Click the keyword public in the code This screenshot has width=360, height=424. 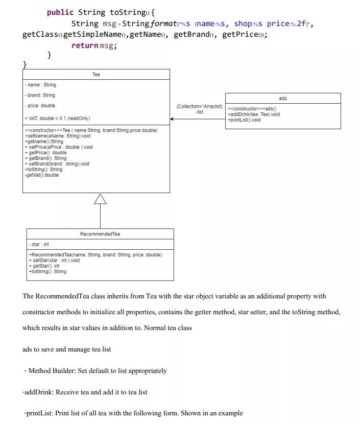click(x=60, y=12)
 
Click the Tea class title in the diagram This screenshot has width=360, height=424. click(x=96, y=75)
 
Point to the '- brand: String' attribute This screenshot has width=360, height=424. click(x=40, y=95)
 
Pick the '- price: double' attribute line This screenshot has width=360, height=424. click(x=40, y=105)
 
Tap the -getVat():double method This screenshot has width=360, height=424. click(x=41, y=175)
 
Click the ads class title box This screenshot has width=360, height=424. click(x=283, y=98)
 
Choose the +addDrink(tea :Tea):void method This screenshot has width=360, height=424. click(x=254, y=114)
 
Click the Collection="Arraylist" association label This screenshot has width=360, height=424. click(x=199, y=106)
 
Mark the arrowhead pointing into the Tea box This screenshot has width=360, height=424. click(x=173, y=119)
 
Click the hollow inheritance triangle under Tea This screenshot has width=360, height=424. click(x=100, y=199)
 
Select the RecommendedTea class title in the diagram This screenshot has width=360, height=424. click(x=100, y=234)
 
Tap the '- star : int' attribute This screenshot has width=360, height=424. click(x=39, y=245)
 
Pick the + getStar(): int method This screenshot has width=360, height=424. click(x=44, y=266)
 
